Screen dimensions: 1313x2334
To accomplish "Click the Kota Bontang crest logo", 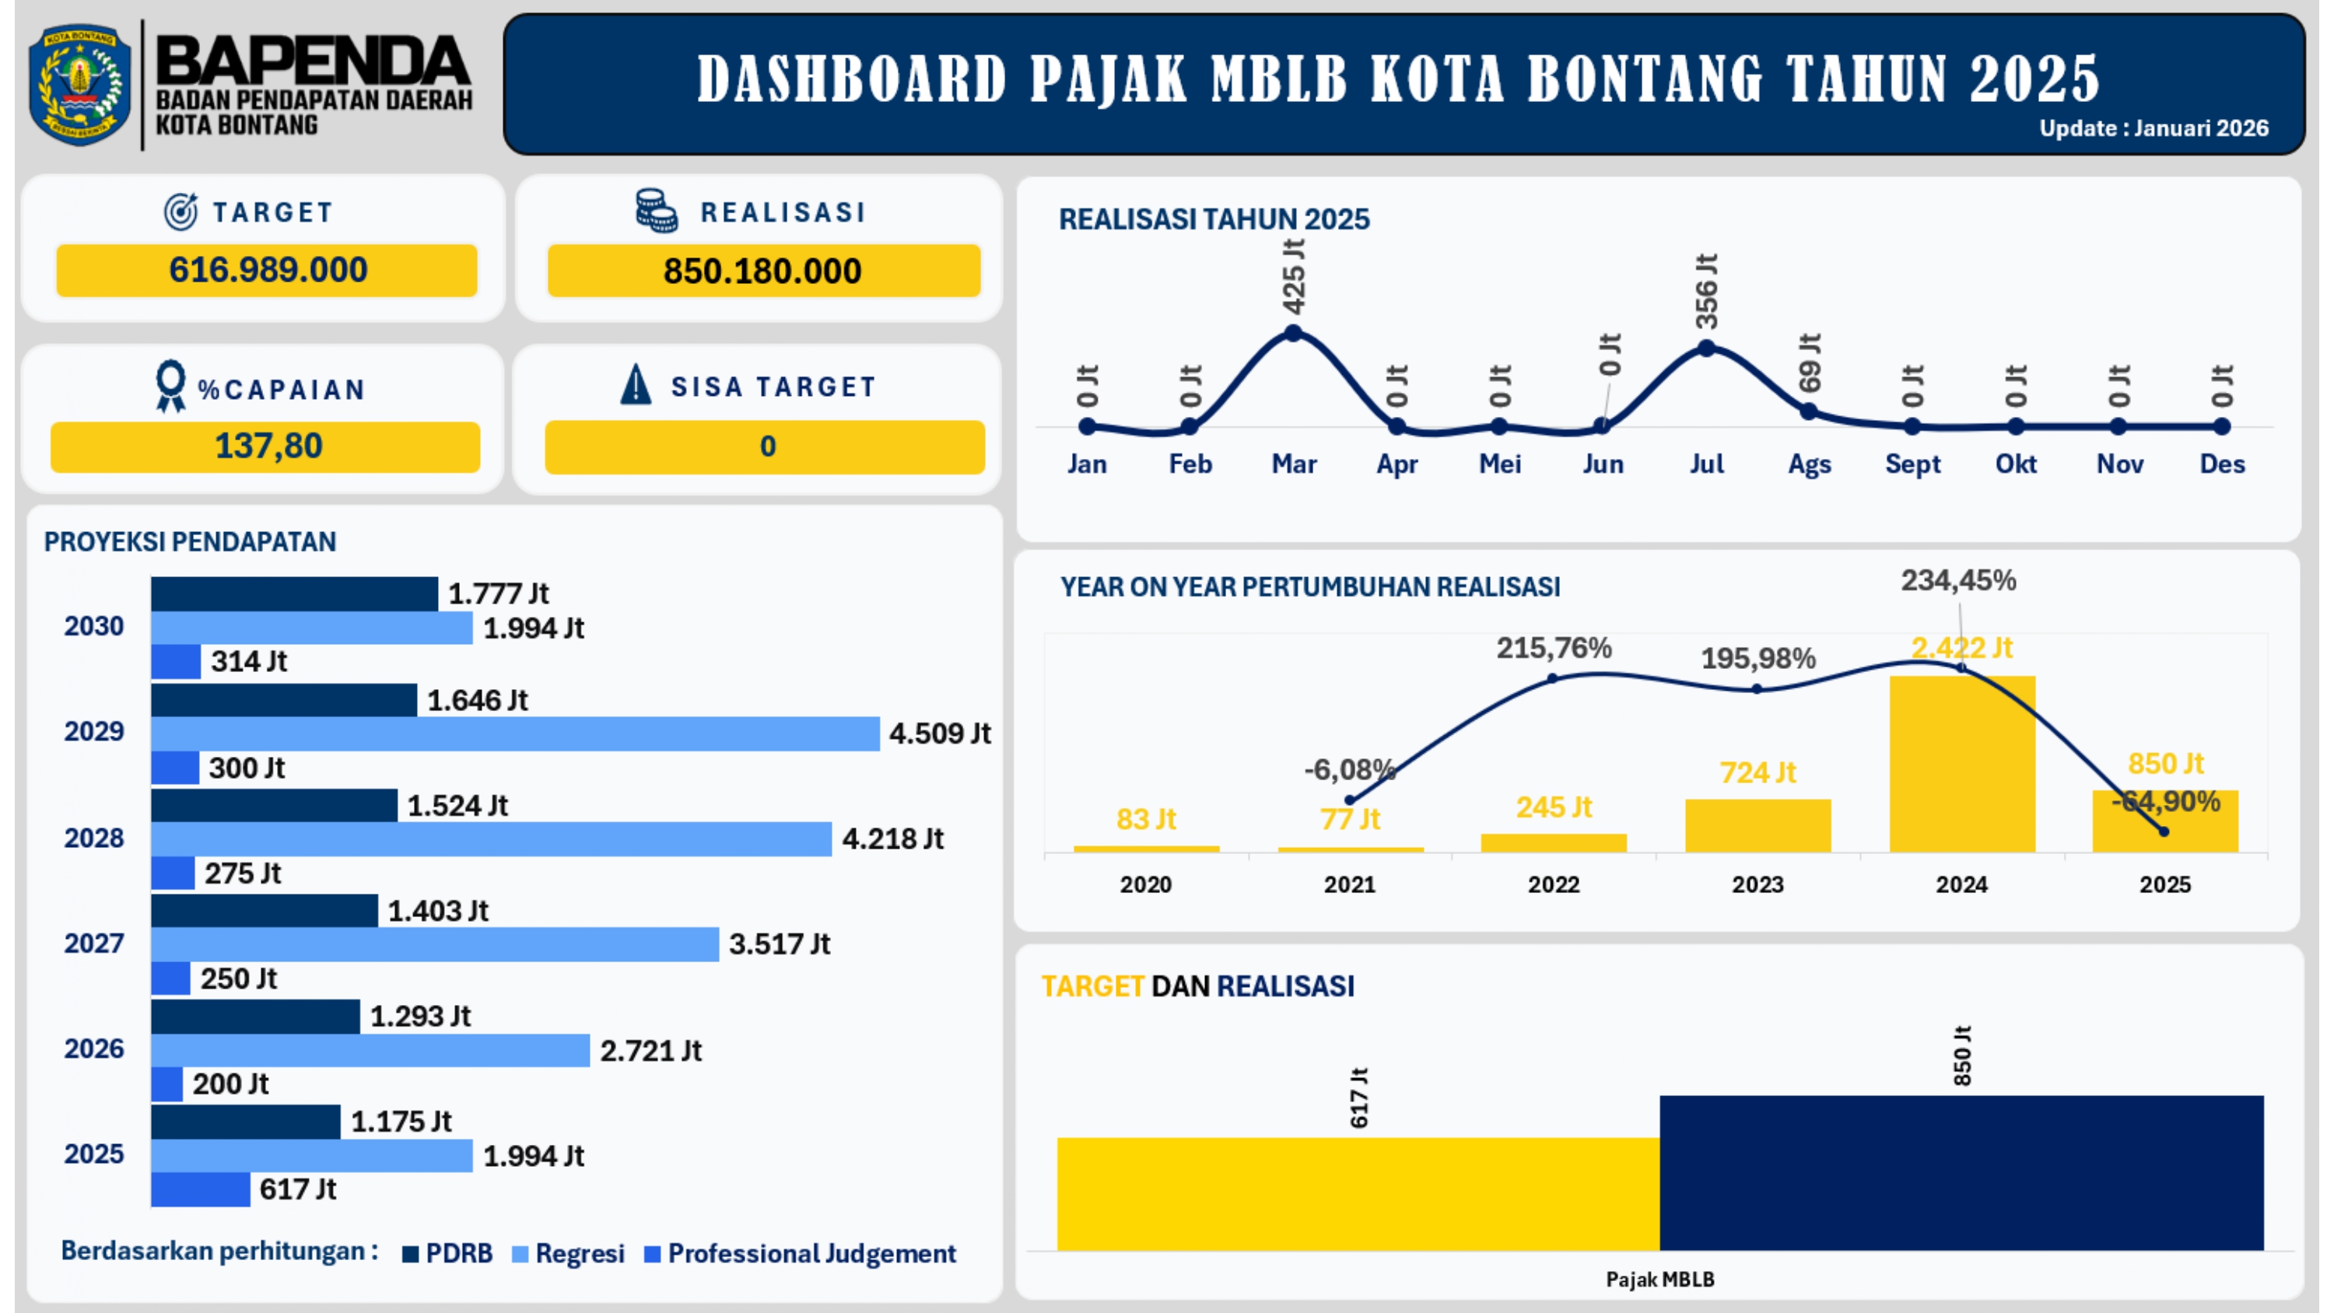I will click(x=79, y=84).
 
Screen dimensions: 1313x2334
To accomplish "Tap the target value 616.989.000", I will click(x=268, y=270).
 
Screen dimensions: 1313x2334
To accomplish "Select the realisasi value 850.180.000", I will click(x=763, y=271).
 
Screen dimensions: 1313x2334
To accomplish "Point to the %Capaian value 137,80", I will click(x=268, y=446).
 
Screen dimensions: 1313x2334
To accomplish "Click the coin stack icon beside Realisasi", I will click(x=656, y=211).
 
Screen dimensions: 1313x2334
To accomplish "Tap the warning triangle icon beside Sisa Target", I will click(x=636, y=384).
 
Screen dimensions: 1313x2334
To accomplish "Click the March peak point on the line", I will click(x=1294, y=334).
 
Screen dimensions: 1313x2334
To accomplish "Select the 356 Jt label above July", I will click(x=1706, y=292).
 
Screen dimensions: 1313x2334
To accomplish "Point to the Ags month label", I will click(x=1810, y=464).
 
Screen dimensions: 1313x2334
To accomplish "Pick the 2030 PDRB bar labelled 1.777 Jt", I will click(x=293, y=594).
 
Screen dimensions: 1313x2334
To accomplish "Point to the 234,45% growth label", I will click(x=1958, y=580).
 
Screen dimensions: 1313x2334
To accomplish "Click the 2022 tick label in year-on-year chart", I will click(x=1553, y=884).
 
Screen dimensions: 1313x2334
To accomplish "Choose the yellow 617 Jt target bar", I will click(x=1358, y=1193).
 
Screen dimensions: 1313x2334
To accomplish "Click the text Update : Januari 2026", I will click(x=2153, y=128).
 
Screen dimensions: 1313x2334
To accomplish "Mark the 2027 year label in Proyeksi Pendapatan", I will click(x=94, y=944).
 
